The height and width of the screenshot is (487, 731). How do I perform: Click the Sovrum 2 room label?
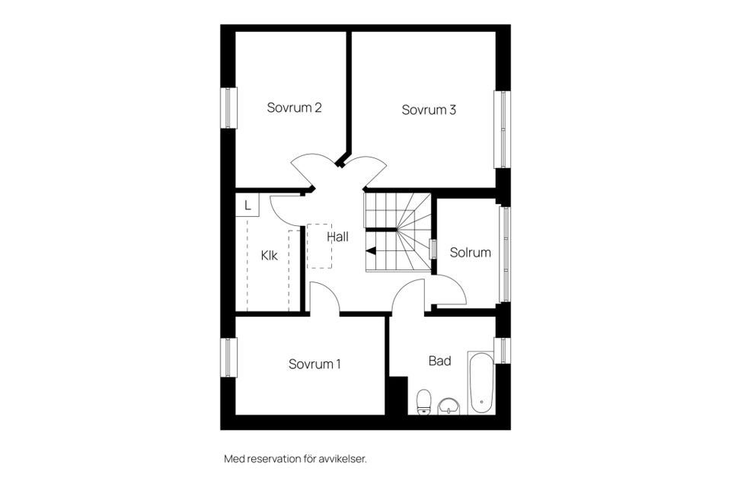pos(294,108)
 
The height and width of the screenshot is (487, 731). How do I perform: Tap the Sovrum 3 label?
pos(429,110)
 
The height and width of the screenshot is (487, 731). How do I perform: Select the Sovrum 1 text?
pos(314,364)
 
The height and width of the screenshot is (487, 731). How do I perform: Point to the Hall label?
pos(337,237)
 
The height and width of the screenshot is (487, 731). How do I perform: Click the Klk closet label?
pos(270,256)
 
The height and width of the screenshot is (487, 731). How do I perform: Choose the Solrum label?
pos(470,253)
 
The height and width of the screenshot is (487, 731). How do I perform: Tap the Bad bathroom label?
pos(439,361)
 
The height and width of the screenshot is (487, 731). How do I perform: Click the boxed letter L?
pos(247,205)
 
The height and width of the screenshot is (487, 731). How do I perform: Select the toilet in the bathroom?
pos(424,401)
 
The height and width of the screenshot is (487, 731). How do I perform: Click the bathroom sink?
pos(450,406)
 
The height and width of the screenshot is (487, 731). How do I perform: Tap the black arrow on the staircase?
pos(371,250)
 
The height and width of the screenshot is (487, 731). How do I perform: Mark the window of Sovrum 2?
pos(228,107)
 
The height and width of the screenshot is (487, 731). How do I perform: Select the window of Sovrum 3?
pos(502,129)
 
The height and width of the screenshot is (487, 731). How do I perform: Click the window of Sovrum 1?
pos(228,358)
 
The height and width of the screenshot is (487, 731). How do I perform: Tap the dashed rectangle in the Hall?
pos(319,246)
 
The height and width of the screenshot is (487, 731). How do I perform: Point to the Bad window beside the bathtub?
pos(502,350)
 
